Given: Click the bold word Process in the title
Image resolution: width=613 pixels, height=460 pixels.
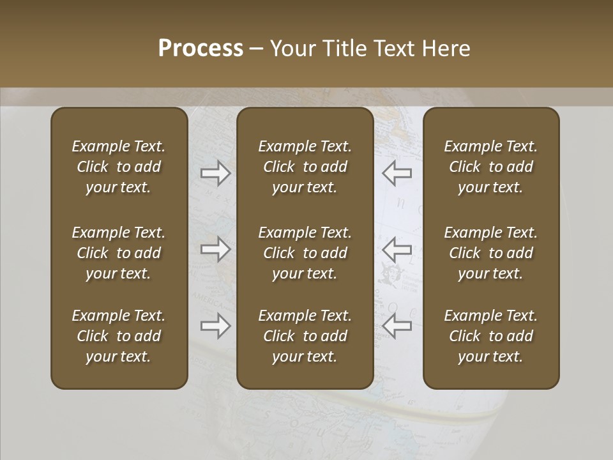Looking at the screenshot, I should [x=201, y=49].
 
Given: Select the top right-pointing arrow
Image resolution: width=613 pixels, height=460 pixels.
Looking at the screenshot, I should [x=216, y=172].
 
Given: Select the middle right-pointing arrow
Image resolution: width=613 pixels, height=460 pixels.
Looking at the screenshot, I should [x=216, y=249].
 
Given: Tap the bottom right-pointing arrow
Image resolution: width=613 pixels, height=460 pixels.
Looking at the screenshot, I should [x=216, y=326].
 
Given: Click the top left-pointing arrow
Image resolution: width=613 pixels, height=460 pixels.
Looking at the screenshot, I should [x=397, y=172].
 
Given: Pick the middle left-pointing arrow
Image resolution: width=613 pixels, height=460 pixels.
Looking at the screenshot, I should [x=397, y=249].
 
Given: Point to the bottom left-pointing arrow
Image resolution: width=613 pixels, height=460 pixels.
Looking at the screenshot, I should [x=397, y=326].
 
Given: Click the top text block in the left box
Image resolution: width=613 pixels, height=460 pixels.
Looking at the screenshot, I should [x=119, y=167].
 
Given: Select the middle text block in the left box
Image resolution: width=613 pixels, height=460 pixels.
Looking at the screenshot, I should [x=119, y=253].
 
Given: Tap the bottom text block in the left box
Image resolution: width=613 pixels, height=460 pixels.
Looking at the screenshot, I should [x=119, y=336].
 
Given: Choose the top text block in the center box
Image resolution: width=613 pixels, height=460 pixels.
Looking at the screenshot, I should [x=305, y=167].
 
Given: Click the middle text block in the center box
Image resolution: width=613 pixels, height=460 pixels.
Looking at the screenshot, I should [x=305, y=253].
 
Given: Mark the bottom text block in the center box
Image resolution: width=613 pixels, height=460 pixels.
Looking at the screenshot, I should [x=305, y=336].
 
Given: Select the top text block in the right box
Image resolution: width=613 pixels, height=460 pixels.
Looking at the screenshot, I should [x=490, y=167].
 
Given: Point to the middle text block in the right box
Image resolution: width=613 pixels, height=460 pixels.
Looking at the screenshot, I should [x=490, y=253].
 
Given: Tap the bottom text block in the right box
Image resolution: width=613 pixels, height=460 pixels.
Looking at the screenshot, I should [x=490, y=336].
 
